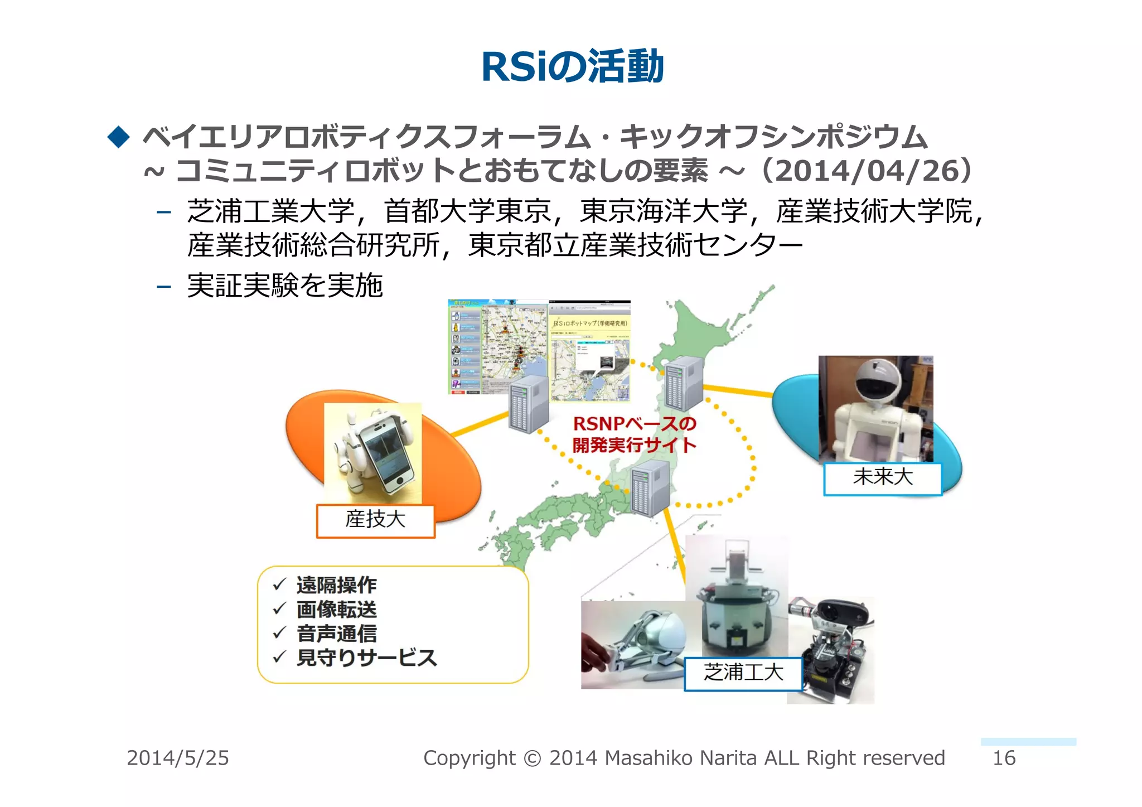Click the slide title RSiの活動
(x=572, y=67)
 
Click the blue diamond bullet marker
(x=118, y=137)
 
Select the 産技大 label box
(x=375, y=520)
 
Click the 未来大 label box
(x=883, y=478)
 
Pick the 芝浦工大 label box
(x=743, y=673)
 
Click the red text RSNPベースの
(x=635, y=424)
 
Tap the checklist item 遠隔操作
(x=336, y=585)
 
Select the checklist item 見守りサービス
(x=366, y=658)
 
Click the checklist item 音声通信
(x=336, y=634)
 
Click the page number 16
(x=1004, y=758)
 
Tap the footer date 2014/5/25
(x=178, y=758)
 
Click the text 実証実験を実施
(x=285, y=286)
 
